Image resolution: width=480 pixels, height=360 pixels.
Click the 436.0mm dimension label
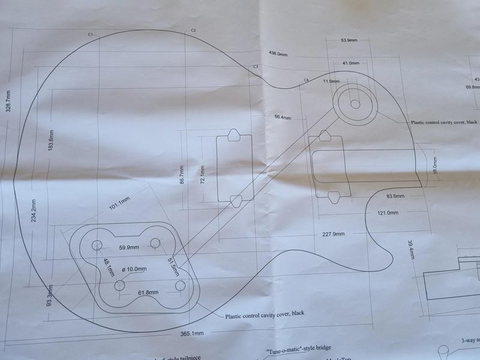[278, 54]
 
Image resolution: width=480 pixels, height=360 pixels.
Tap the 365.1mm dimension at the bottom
[191, 333]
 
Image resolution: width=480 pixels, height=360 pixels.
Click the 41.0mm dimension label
[350, 63]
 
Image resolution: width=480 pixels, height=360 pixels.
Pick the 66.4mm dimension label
[282, 117]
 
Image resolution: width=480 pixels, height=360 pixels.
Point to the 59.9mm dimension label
[128, 247]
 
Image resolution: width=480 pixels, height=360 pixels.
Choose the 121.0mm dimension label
[388, 213]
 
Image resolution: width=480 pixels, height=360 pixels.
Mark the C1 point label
[90, 35]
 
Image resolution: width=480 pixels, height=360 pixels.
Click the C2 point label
[193, 30]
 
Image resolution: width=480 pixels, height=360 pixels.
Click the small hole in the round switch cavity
[355, 104]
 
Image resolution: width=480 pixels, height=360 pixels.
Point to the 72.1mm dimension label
[202, 175]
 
